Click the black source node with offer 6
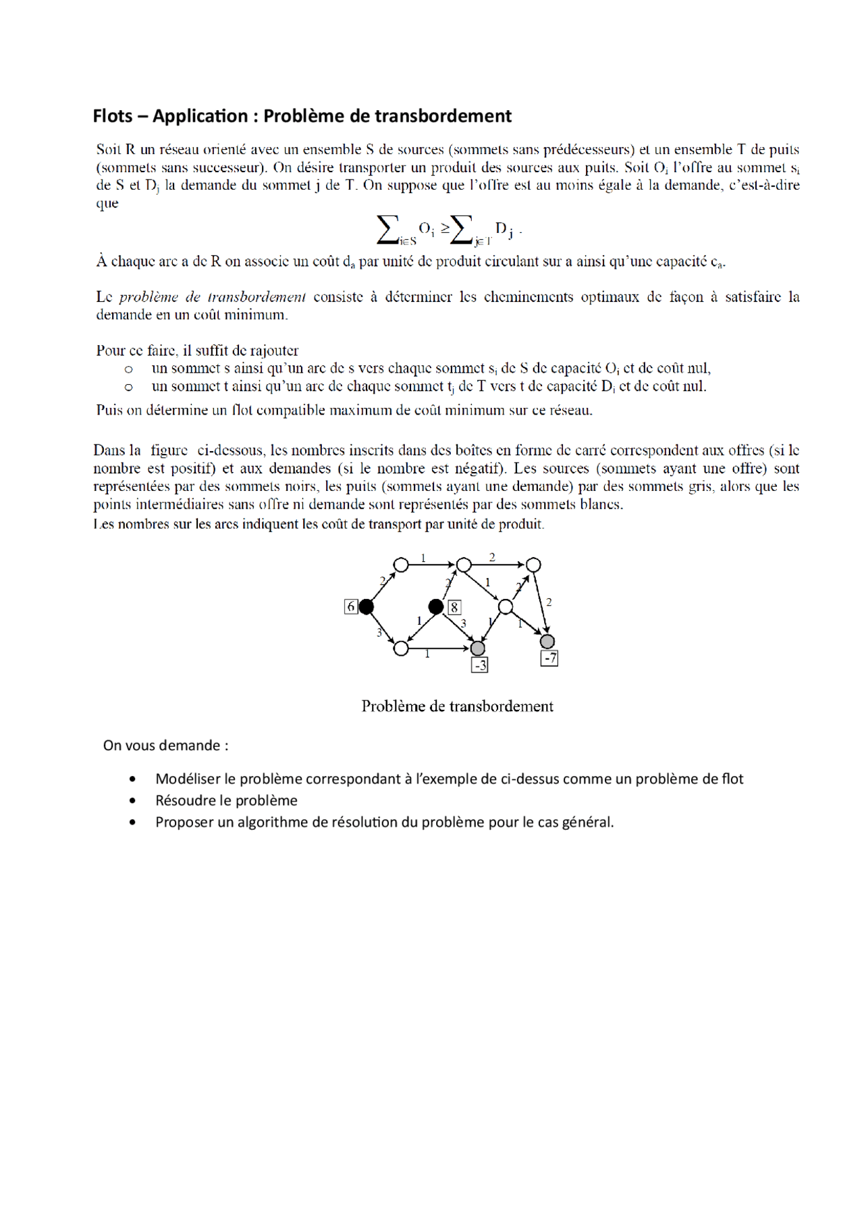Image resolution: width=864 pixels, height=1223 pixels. [366, 606]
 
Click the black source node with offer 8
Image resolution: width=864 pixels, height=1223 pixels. [436, 606]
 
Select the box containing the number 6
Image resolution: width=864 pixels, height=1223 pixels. [350, 606]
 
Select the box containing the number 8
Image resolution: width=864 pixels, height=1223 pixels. [454, 607]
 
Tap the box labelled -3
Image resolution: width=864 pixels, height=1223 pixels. [479, 666]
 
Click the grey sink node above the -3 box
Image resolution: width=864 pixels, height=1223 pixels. [478, 648]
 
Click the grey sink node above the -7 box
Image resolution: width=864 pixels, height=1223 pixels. [547, 641]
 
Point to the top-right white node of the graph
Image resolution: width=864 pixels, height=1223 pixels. [533, 565]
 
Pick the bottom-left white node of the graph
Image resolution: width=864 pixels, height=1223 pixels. [401, 648]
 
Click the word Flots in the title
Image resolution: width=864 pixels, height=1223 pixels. [112, 116]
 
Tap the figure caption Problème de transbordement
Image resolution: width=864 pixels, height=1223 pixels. [457, 706]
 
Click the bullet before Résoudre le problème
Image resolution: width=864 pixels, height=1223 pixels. [132, 801]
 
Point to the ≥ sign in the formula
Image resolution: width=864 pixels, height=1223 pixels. [445, 228]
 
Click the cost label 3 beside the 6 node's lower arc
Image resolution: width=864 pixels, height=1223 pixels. [379, 633]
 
